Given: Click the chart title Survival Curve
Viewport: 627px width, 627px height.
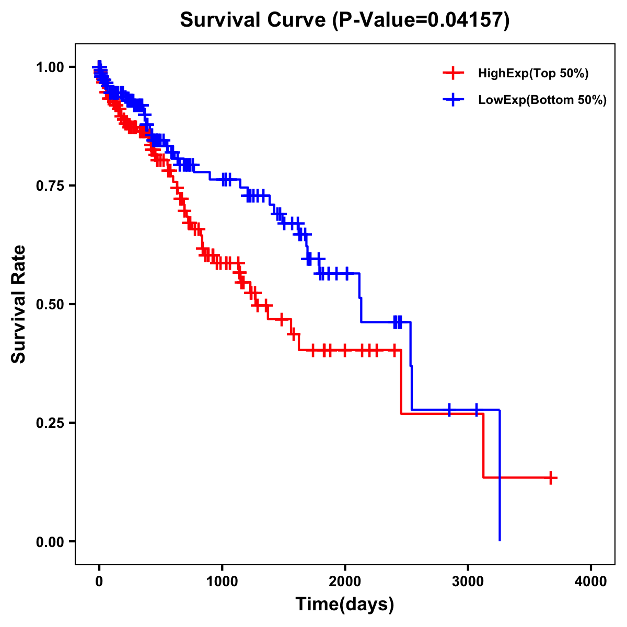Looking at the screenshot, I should [253, 20].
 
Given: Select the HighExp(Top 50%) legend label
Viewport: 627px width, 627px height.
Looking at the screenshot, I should [533, 74].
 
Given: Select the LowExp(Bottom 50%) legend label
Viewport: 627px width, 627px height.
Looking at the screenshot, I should [542, 100].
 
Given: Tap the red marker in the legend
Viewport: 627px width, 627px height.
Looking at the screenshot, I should [453, 73].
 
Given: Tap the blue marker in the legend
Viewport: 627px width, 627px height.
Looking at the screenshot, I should [453, 100].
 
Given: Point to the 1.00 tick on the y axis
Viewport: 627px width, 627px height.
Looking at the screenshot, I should [49, 67].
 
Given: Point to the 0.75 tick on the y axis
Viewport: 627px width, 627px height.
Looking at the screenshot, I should [49, 185].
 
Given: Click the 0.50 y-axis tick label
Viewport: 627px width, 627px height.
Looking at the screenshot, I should [49, 304].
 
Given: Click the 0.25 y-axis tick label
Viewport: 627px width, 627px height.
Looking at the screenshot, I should [49, 423].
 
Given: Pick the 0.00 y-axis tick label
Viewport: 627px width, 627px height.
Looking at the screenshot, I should [49, 541].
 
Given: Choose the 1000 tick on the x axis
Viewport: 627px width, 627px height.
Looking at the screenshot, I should [222, 582].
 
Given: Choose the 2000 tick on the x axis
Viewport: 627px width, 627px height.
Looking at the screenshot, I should [345, 582].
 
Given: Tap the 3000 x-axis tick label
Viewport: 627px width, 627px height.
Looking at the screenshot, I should [468, 582].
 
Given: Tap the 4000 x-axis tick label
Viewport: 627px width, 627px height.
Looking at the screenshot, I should [591, 582].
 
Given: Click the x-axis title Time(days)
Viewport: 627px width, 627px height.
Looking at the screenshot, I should [345, 605].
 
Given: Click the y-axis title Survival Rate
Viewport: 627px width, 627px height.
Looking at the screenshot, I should [19, 304].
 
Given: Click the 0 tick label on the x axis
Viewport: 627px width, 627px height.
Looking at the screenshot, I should [99, 582].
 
